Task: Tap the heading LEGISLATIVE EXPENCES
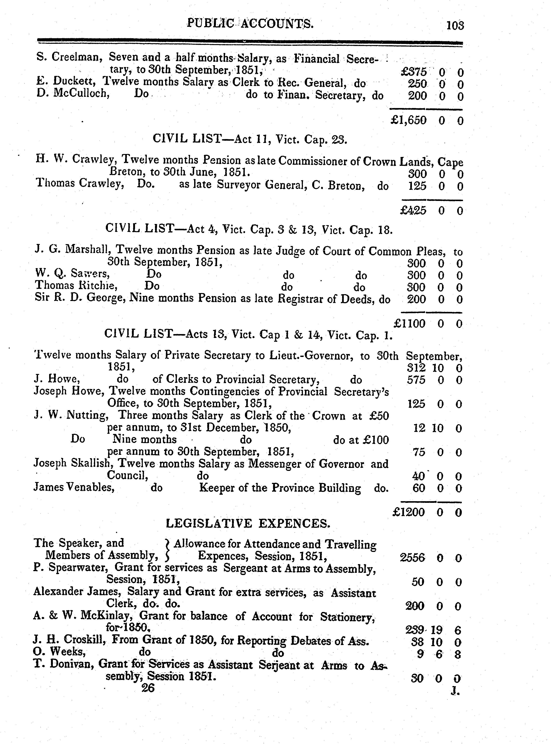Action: [x=248, y=524]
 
